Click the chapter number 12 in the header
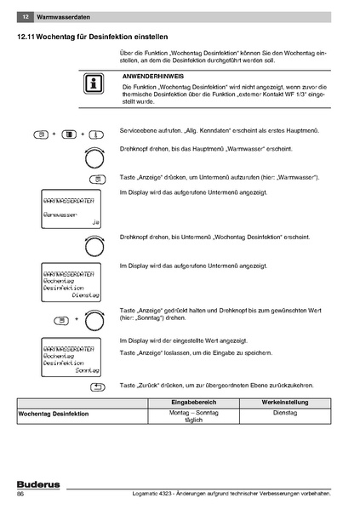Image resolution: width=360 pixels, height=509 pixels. [26, 17]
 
